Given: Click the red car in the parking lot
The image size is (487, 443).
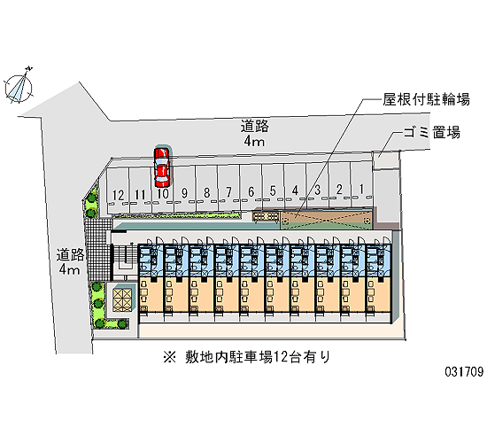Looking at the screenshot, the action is point(161,167).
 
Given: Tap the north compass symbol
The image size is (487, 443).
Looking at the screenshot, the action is point(19,86).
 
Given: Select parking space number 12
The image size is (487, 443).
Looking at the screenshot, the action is point(118,190).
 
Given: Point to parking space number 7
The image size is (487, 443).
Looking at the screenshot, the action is point(228,188).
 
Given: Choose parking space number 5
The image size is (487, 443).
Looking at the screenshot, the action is point(273,186).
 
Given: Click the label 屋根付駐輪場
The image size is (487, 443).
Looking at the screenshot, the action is point(426,99).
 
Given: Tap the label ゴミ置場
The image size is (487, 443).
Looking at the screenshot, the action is point(432,132).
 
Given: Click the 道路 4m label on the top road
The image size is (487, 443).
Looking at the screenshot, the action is point(255,134).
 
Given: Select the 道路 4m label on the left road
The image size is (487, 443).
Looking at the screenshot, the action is point(70,261).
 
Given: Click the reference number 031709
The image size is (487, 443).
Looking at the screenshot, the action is point(464,372).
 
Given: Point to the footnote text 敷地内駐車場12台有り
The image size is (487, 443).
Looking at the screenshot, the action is point(258,357).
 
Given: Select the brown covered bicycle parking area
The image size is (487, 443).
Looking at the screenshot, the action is point(327,220).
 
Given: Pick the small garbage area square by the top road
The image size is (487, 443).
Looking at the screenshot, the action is point(385,159).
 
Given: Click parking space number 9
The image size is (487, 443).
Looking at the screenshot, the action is point(184,189).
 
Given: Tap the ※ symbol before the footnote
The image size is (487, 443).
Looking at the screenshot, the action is point(170,357).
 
